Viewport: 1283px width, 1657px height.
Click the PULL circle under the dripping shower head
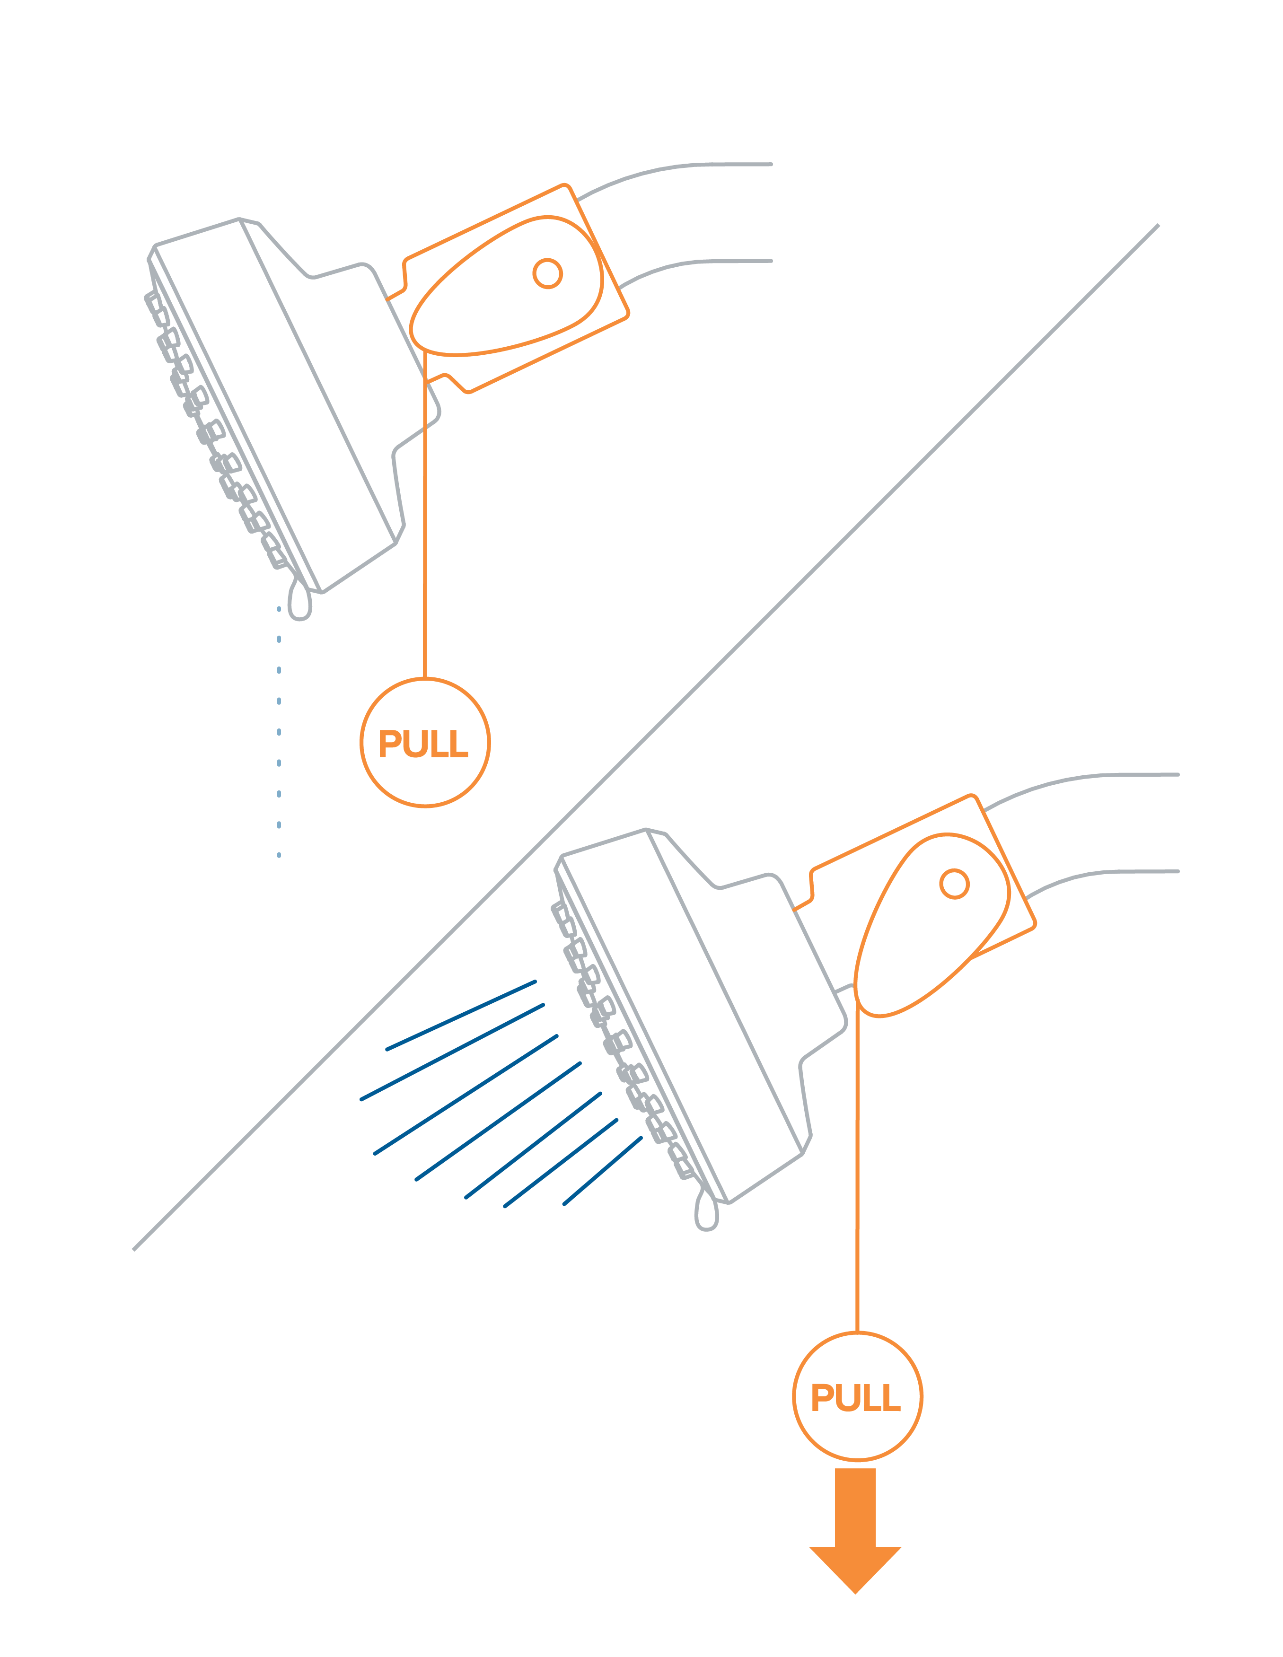(x=425, y=742)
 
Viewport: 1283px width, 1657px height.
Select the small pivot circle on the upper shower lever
(x=547, y=273)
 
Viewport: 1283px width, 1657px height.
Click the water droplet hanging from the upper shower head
(x=300, y=603)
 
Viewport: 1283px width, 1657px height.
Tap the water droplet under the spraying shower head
(x=706, y=1214)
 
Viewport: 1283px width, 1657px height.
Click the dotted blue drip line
(x=279, y=732)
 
